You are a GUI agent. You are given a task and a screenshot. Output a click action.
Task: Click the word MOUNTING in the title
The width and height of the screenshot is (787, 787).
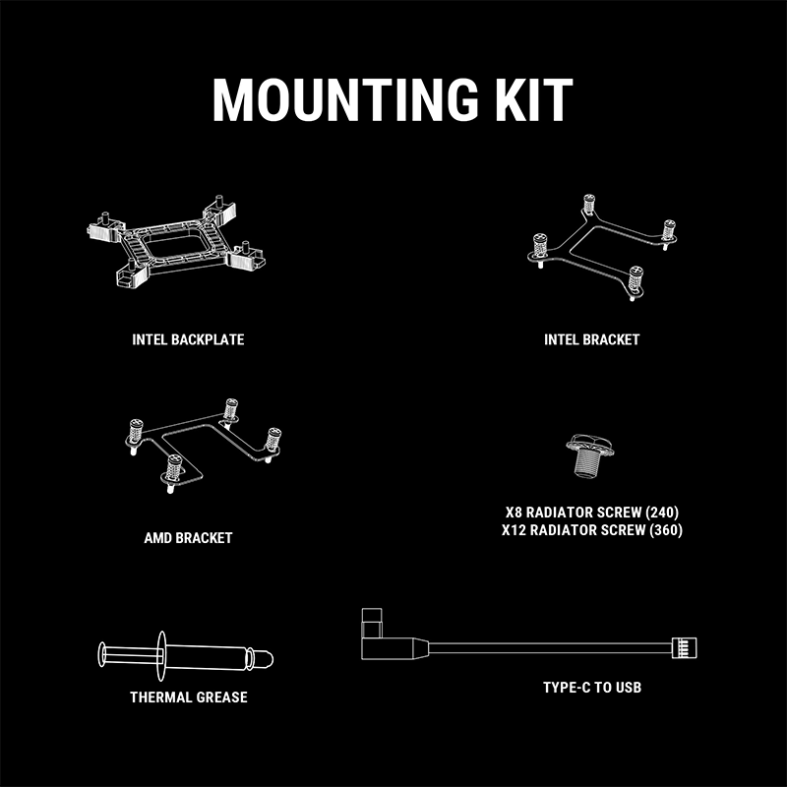(346, 99)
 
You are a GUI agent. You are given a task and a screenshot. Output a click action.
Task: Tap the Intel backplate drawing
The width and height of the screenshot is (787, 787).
(176, 241)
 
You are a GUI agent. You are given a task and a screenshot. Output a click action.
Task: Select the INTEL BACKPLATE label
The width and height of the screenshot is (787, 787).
(188, 339)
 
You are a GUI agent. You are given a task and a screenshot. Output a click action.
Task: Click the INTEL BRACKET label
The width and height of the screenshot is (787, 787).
(592, 339)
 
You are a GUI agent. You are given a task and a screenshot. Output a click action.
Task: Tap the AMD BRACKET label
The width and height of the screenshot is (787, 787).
(188, 538)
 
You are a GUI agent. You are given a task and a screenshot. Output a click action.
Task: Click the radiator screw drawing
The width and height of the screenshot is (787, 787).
(589, 455)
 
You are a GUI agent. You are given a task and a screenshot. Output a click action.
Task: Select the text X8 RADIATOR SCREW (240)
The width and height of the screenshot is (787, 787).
(592, 513)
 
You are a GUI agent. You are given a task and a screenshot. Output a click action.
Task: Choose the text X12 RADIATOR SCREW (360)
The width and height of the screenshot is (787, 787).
(592, 530)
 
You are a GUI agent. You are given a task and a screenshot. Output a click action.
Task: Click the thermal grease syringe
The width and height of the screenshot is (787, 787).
(186, 656)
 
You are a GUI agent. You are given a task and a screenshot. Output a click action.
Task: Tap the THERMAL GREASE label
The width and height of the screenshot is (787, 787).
(189, 697)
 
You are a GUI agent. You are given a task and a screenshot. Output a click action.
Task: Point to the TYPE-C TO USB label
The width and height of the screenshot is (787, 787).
(592, 687)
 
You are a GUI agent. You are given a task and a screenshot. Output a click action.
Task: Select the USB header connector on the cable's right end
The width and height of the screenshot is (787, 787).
(685, 647)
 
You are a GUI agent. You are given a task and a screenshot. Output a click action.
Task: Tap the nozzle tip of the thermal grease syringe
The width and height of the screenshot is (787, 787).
(266, 659)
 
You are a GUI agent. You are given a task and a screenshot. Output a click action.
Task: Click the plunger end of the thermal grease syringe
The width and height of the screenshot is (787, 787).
(101, 654)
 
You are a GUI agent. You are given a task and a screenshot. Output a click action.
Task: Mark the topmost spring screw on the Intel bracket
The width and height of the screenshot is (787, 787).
(589, 206)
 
